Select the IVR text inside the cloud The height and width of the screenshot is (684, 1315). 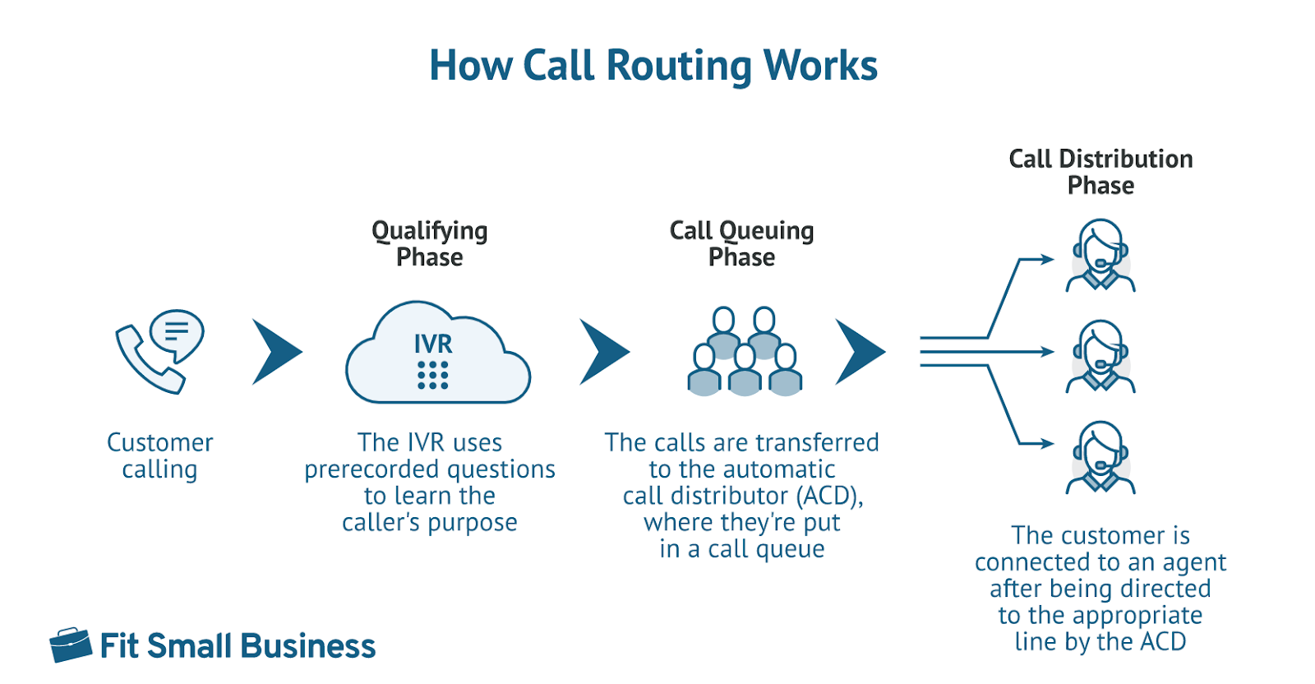coord(433,344)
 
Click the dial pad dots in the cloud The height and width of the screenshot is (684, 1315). coord(433,375)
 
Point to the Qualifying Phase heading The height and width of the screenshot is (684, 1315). coord(429,243)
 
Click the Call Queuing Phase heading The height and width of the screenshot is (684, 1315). coord(741,243)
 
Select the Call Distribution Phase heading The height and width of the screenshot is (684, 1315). coord(1100,172)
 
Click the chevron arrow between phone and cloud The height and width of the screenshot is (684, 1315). coord(276,352)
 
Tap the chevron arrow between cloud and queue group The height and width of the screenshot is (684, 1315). coord(604,352)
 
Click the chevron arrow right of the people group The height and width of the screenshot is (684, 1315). coord(860,352)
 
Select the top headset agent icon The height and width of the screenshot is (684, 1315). coord(1100,256)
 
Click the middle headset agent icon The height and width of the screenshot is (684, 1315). coord(1100,357)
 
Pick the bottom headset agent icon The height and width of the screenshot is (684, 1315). coord(1100,458)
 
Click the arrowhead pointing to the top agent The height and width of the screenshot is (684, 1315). coord(1047,260)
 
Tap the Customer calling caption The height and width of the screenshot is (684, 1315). coord(159,455)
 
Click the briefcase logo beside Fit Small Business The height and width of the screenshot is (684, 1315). coord(71,645)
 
